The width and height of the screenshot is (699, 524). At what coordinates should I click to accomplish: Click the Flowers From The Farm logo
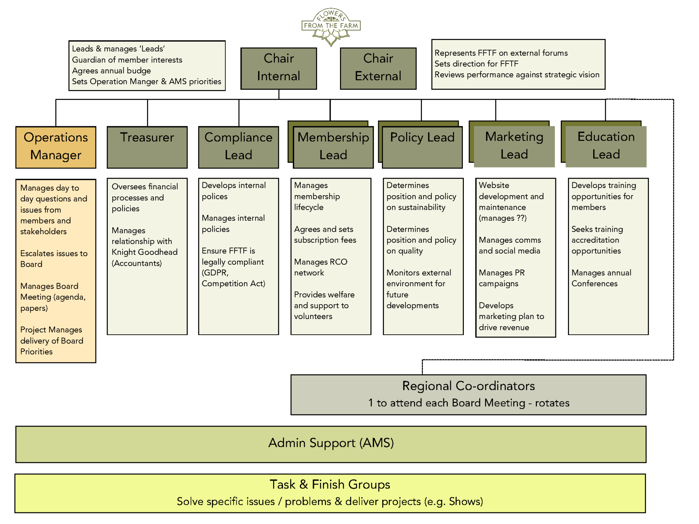(x=331, y=27)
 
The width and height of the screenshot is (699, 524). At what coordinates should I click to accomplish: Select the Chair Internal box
(x=279, y=68)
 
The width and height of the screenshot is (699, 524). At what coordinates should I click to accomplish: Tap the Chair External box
(x=378, y=68)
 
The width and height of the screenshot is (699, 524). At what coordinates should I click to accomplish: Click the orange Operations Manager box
(x=56, y=147)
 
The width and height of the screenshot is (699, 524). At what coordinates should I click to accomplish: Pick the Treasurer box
(x=147, y=147)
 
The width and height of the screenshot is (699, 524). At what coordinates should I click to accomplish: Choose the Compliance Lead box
(x=238, y=147)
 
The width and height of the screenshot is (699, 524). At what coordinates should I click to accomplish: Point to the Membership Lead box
(x=333, y=147)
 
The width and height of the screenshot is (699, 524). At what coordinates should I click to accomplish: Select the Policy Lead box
(x=422, y=147)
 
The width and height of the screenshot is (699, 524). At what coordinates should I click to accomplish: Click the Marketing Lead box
(x=514, y=146)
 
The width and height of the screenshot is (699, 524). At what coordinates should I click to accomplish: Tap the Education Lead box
(x=606, y=146)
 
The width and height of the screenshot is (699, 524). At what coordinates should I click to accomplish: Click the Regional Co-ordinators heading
(x=468, y=386)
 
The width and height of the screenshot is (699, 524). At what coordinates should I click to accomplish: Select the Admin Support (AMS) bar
(x=331, y=443)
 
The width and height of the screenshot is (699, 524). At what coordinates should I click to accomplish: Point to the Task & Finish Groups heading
(x=330, y=484)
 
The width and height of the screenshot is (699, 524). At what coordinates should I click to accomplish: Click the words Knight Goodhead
(x=144, y=252)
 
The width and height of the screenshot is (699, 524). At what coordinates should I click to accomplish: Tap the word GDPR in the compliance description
(x=214, y=273)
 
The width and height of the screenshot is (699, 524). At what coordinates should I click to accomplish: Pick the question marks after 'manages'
(x=521, y=218)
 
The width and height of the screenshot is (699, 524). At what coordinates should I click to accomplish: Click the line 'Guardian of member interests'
(x=127, y=60)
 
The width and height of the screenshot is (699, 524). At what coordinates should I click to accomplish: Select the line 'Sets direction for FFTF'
(x=476, y=64)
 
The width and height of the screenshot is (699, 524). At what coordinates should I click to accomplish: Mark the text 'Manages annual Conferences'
(x=601, y=278)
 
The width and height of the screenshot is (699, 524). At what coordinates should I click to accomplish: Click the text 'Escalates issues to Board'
(x=54, y=259)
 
